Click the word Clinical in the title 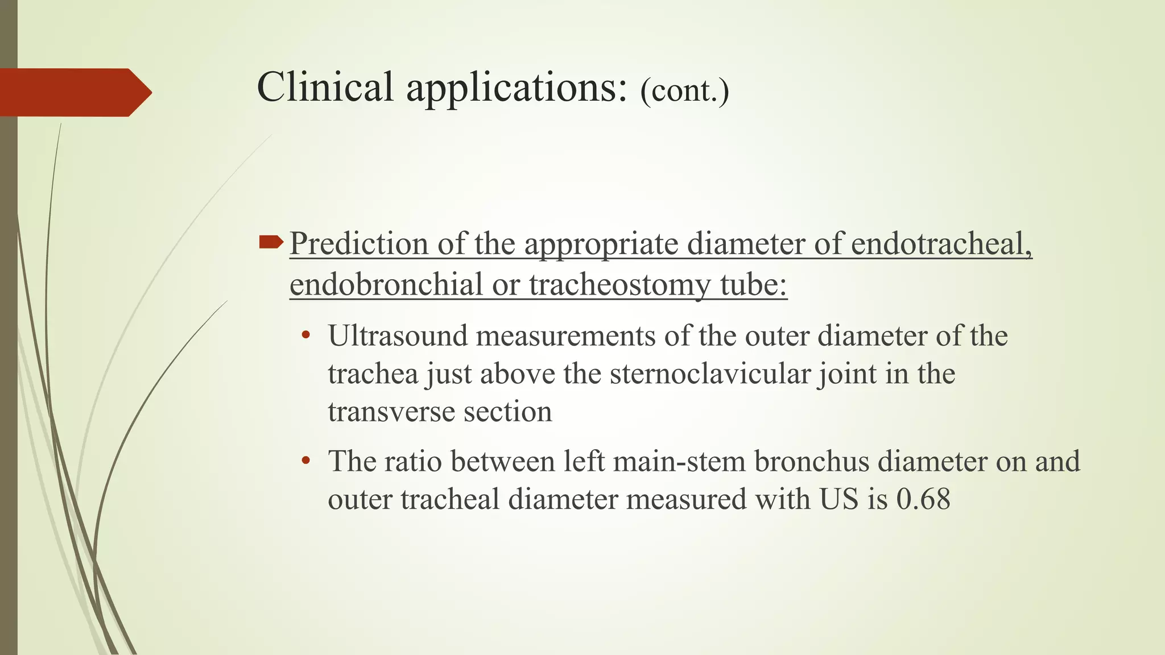tap(325, 88)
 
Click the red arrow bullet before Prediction tap(271, 243)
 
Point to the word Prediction tap(358, 244)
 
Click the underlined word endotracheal tap(941, 244)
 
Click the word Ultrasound tap(396, 335)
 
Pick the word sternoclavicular tap(710, 374)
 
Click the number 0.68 tap(923, 499)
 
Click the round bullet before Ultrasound tap(306, 335)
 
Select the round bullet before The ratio tap(306, 461)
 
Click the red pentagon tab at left tap(74, 92)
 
